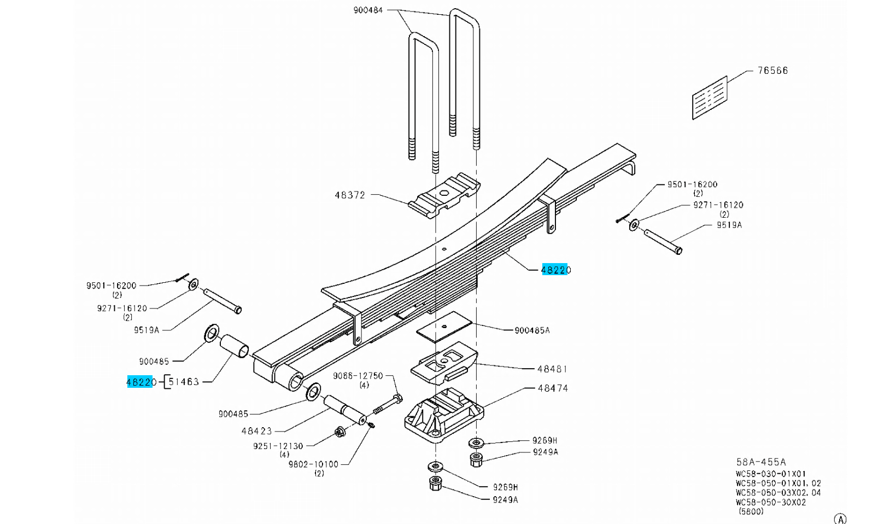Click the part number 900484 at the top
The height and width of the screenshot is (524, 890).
(368, 10)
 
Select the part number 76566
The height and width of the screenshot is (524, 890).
(772, 71)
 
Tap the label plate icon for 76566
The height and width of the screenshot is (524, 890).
(710, 97)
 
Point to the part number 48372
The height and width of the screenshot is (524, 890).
(350, 195)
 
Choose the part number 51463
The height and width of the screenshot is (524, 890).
(184, 382)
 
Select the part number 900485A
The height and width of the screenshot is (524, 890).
(532, 330)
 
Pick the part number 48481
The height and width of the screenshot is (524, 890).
(552, 369)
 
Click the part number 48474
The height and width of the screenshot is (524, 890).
(553, 388)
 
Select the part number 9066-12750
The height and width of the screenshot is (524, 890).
(358, 376)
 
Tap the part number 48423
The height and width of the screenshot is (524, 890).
(256, 431)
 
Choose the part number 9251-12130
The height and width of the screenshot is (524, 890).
(278, 446)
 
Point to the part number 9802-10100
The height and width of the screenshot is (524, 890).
(313, 464)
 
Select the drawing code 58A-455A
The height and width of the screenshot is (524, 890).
(761, 462)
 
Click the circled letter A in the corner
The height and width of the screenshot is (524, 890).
(840, 519)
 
